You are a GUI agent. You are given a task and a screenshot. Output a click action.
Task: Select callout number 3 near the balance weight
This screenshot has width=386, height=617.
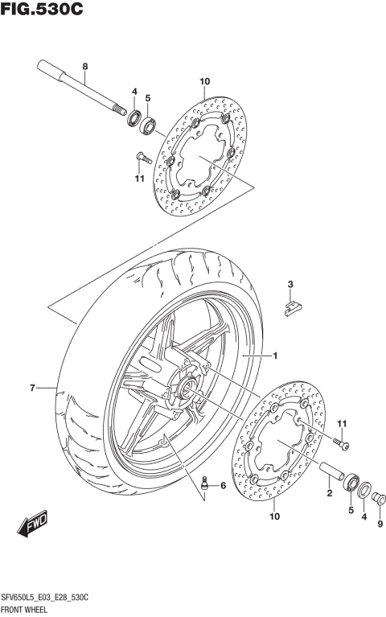tap(291, 283)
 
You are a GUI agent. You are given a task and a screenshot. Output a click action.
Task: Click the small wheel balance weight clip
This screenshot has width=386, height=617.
tap(294, 305)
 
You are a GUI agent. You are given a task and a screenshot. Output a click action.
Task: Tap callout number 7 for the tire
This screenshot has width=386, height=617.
tap(32, 389)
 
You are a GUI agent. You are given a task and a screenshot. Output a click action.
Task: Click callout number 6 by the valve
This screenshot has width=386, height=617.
tap(223, 486)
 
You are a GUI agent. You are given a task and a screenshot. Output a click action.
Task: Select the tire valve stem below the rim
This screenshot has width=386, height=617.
tap(204, 485)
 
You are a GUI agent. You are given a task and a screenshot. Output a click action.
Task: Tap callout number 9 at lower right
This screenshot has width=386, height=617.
tap(380, 524)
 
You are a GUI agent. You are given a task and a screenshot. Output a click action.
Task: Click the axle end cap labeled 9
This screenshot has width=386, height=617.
tap(380, 496)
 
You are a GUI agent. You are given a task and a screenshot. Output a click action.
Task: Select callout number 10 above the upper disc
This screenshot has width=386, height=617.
tap(204, 81)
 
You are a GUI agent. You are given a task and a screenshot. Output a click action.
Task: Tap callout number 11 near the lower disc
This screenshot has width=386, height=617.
tap(341, 424)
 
